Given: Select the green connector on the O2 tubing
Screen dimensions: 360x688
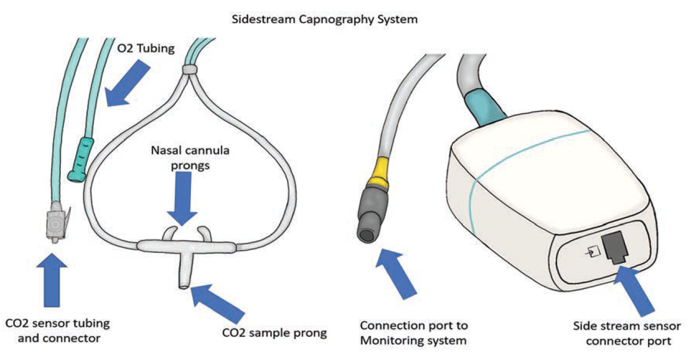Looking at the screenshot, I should coord(80,160).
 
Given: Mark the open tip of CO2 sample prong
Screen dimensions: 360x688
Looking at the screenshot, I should coord(183,285).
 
